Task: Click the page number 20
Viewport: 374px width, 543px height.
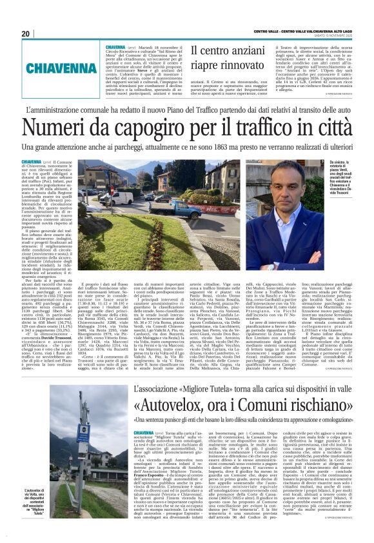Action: pyautogui.click(x=26, y=34)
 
